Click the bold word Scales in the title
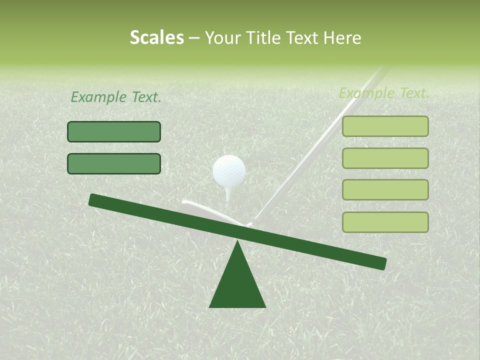156,38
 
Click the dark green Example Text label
116,97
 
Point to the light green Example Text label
384,93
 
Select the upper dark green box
114,132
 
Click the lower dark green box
114,164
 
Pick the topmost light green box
385,126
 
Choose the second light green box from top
385,158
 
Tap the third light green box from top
385,190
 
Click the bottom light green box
385,222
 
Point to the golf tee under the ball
228,192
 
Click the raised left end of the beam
95,200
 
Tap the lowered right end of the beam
380,263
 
